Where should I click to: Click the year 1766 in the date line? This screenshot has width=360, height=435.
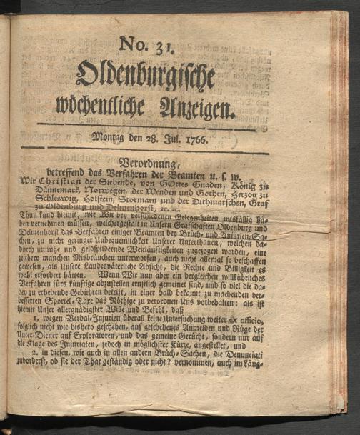click(x=194, y=139)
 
